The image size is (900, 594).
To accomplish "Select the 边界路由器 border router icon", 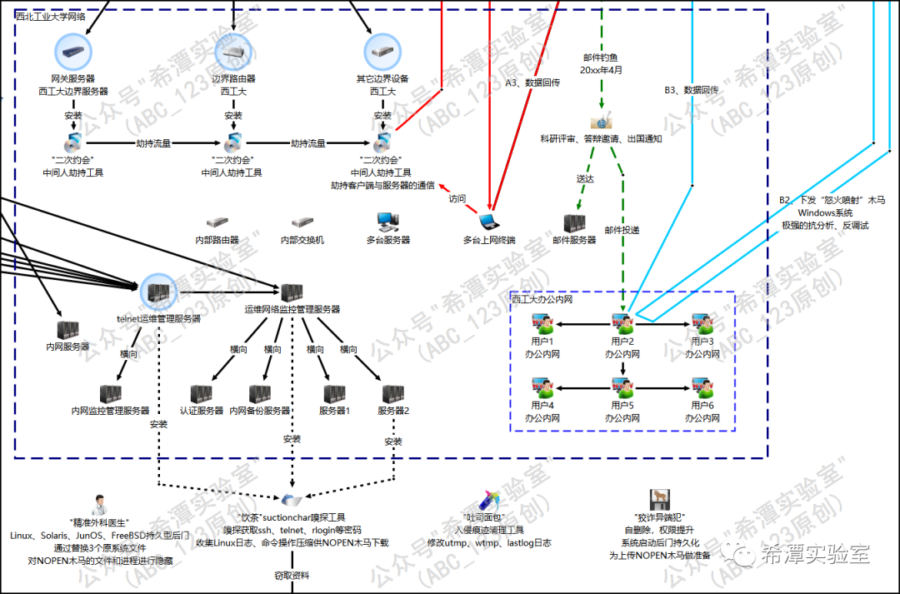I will coord(232,52).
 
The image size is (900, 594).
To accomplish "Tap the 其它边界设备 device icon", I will coord(382,52).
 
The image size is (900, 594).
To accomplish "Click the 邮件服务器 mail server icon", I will coord(574,223).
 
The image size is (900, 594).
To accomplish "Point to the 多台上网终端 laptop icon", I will coord(489,222).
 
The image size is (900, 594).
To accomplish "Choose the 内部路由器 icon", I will coord(217,223).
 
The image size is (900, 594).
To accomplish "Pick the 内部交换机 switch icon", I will coord(302,223).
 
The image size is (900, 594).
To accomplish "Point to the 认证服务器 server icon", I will coord(202,393).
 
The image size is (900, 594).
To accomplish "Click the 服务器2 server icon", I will coord(393,393).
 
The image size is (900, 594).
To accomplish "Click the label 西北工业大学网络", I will coord(51,16).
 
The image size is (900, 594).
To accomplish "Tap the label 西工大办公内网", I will coord(542,297).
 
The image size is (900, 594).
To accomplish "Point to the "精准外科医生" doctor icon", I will coord(99,504).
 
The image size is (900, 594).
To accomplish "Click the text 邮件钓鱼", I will coord(600,57).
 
